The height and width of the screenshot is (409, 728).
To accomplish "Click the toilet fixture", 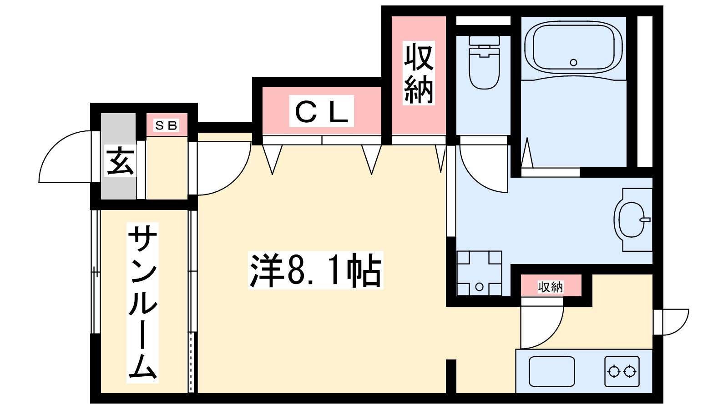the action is click(484, 62).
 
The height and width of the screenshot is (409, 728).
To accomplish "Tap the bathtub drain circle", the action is click(574, 62).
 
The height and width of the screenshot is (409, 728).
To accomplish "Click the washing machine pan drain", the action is click(480, 287).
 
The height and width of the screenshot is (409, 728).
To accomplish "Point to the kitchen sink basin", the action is click(552, 372).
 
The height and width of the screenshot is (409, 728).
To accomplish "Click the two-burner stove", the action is click(622, 372).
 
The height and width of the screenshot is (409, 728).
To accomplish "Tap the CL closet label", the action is click(321, 111).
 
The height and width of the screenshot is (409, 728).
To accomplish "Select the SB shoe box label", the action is click(167, 125).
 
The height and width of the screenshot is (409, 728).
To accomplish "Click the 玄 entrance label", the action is click(120, 161).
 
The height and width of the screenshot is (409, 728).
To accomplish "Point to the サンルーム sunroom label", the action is click(143, 303).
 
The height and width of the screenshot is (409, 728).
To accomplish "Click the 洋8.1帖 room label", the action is click(316, 270).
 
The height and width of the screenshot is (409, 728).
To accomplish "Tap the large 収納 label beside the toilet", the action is click(419, 73).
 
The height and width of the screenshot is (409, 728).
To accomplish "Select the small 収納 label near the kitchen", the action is click(551, 287).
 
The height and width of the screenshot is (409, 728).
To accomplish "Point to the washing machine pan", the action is click(480, 273).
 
